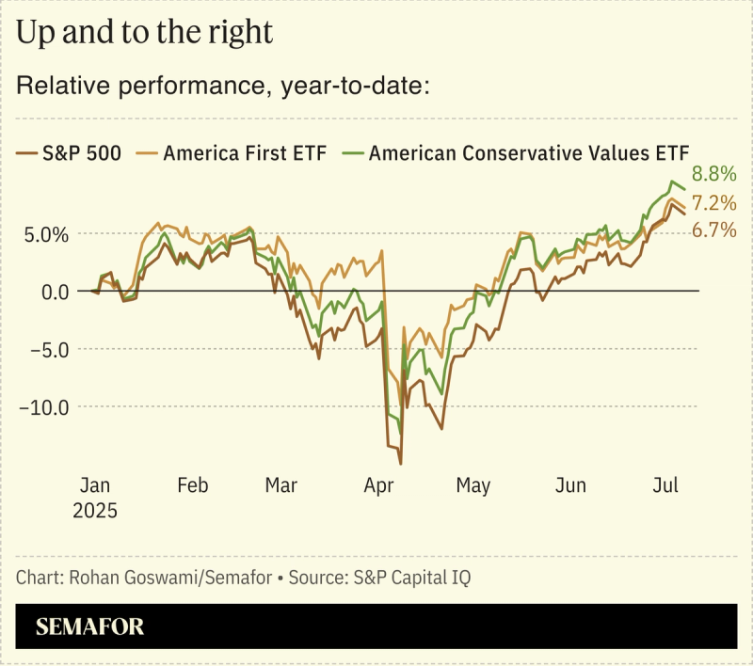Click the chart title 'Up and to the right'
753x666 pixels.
pyautogui.click(x=144, y=34)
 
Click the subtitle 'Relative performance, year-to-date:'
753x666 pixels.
pyautogui.click(x=223, y=87)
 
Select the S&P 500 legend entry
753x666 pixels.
pyautogui.click(x=70, y=152)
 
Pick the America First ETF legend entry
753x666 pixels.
pyautogui.click(x=233, y=152)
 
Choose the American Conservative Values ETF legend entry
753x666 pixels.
pyautogui.click(x=518, y=152)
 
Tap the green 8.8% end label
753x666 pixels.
pyautogui.click(x=713, y=174)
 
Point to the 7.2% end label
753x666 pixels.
pyautogui.click(x=713, y=203)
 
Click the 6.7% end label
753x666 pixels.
pyautogui.click(x=713, y=230)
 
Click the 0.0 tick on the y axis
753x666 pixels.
pyautogui.click(x=52, y=292)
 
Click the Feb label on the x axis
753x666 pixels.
pyautogui.click(x=192, y=486)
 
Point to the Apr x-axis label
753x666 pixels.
pyautogui.click(x=379, y=486)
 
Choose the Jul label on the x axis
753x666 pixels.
pyautogui.click(x=665, y=486)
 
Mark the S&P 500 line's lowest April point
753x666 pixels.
pyautogui.click(x=401, y=464)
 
